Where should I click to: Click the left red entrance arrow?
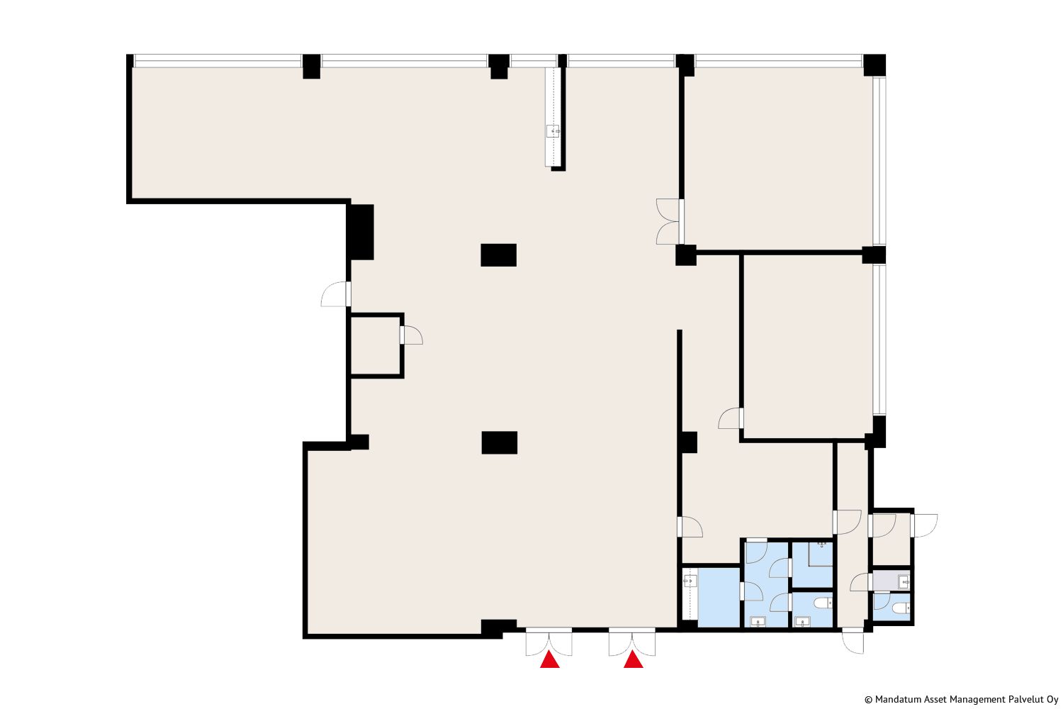549,660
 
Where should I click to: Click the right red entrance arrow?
633,660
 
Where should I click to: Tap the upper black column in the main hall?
498,255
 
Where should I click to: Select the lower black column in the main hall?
499,442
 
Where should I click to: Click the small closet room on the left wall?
376,345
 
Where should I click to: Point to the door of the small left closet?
412,335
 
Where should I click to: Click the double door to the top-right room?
670,222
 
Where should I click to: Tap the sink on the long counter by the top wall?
553,130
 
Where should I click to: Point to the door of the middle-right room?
731,418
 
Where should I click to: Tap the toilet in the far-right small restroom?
901,608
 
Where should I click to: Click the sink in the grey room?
904,581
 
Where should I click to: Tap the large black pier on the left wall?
360,232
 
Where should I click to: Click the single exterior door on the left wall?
335,294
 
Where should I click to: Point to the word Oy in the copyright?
1052,700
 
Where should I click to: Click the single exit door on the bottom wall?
853,641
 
